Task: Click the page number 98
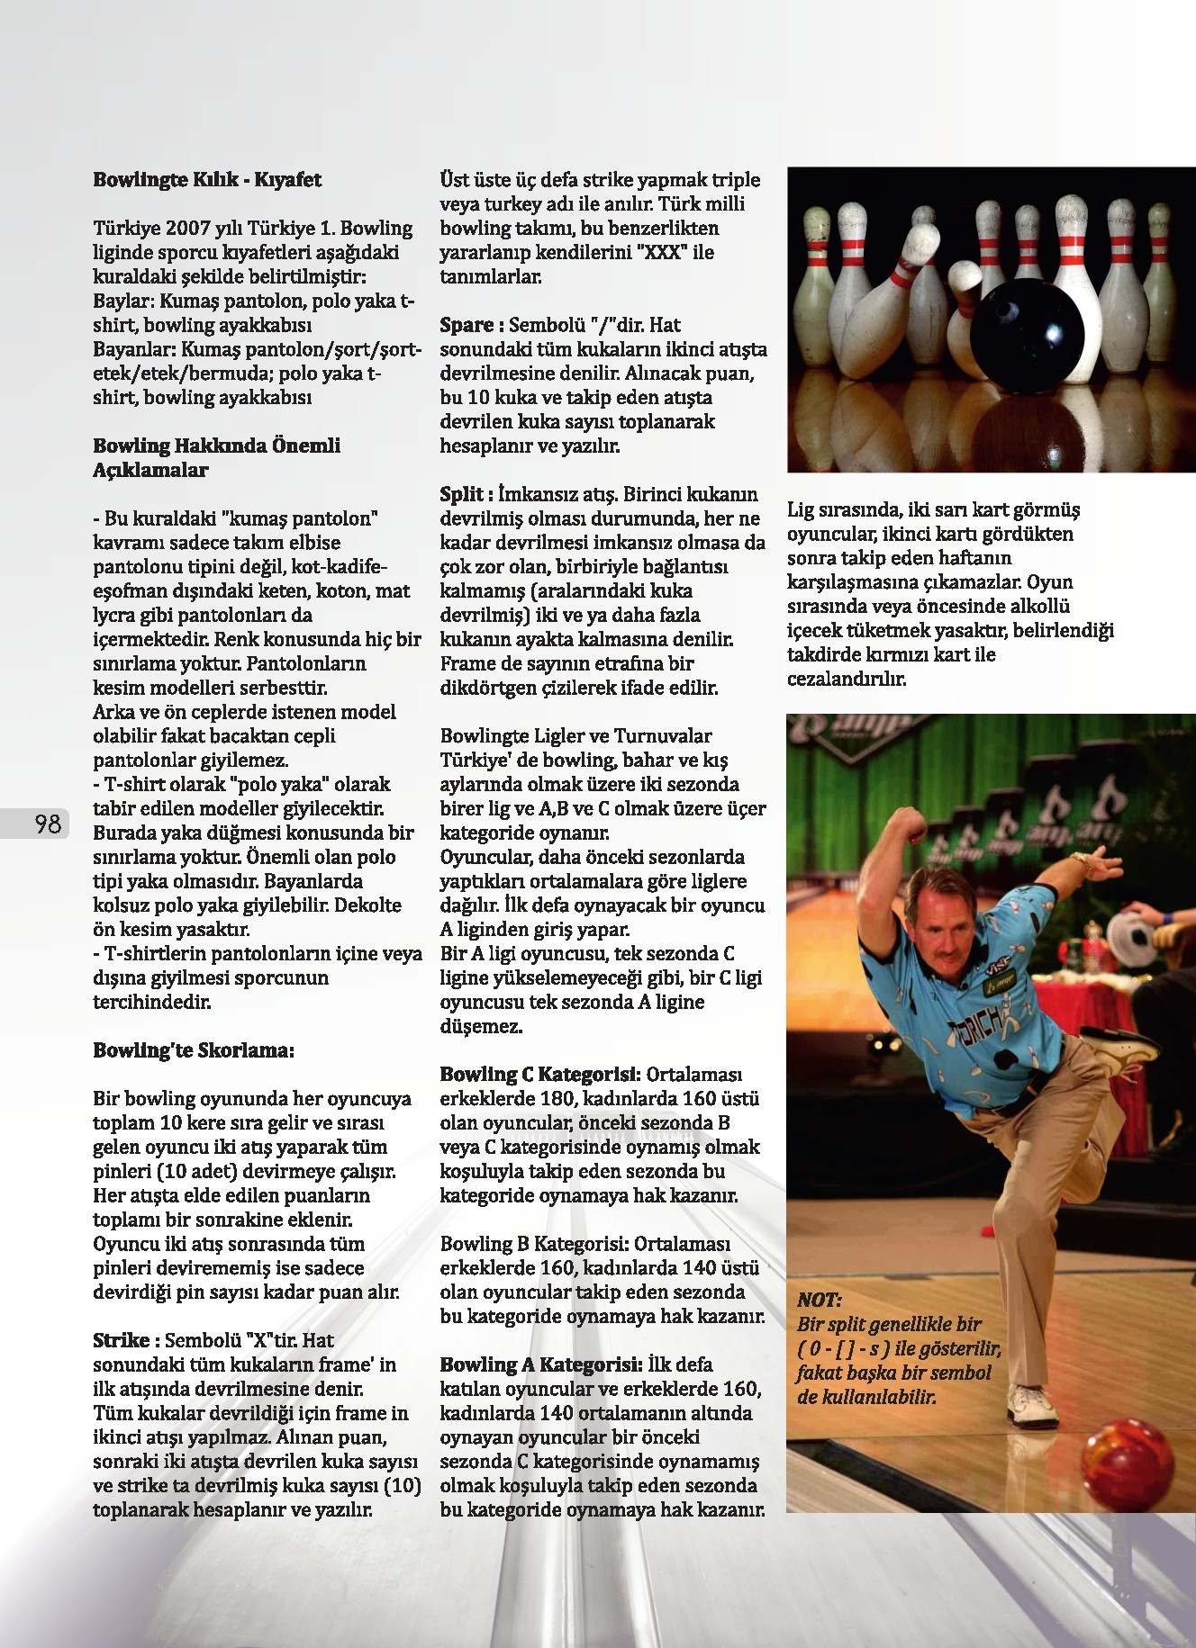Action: (47, 824)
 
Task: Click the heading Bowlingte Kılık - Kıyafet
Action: (207, 180)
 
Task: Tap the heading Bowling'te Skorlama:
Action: (194, 1050)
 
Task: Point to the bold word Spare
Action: (467, 325)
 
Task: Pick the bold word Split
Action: (461, 494)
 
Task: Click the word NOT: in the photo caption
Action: (819, 1300)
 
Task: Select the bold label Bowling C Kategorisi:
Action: (540, 1074)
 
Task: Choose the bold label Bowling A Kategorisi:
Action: (540, 1364)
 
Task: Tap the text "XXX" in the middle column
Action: (662, 253)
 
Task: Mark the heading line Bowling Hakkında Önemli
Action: (216, 446)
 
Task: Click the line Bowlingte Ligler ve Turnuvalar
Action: (575, 736)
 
